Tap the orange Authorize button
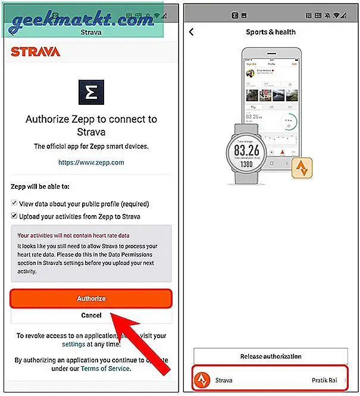(91, 298)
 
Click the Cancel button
(91, 316)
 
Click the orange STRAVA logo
(36, 52)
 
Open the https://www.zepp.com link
(91, 161)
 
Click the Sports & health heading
(271, 32)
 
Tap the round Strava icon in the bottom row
(203, 379)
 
